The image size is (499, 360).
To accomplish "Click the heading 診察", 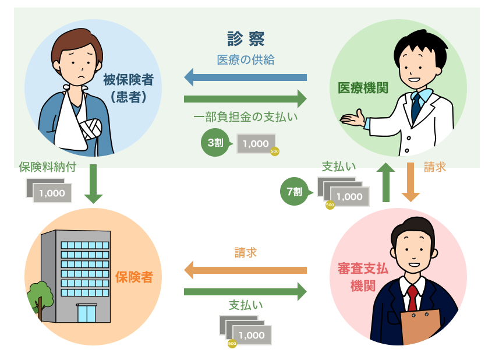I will pos(245,39).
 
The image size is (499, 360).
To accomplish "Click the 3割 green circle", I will pos(215,143).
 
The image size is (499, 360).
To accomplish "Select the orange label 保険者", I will pos(134,277).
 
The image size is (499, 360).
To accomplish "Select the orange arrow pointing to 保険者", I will pos(245,270).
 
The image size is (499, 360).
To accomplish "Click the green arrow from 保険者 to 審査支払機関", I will pos(245,291).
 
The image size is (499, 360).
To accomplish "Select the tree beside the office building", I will pos(40,297).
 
